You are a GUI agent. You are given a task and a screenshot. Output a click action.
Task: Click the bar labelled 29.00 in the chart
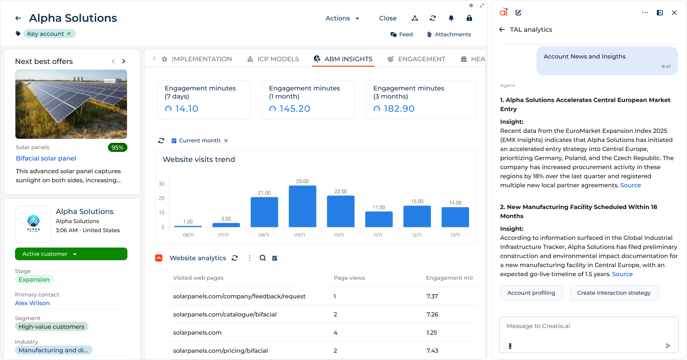click(x=302, y=206)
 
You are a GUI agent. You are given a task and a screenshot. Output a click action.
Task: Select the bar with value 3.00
click(x=226, y=225)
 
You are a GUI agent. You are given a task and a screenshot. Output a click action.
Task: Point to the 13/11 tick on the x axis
click(x=455, y=235)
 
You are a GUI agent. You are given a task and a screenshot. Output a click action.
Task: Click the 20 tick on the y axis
click(x=161, y=198)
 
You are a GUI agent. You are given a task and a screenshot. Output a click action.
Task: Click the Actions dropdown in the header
click(x=342, y=18)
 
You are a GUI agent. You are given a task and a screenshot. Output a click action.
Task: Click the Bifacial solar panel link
click(x=46, y=158)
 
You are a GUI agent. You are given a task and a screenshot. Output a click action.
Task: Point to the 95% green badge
click(x=117, y=147)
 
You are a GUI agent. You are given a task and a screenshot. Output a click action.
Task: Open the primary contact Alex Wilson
click(x=32, y=303)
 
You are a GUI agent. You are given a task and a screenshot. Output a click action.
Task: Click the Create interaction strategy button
click(x=614, y=293)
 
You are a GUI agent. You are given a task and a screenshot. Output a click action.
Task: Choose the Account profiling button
click(x=531, y=293)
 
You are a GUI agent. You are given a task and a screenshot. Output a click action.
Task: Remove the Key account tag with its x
click(x=69, y=34)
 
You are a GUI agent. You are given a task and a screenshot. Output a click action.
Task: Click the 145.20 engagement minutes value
click(x=295, y=109)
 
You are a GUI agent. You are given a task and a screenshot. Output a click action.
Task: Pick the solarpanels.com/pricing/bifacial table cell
click(x=220, y=350)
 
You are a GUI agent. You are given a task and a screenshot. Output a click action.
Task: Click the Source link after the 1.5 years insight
click(x=622, y=274)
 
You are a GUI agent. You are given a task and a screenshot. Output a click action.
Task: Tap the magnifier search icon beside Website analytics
click(x=263, y=258)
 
